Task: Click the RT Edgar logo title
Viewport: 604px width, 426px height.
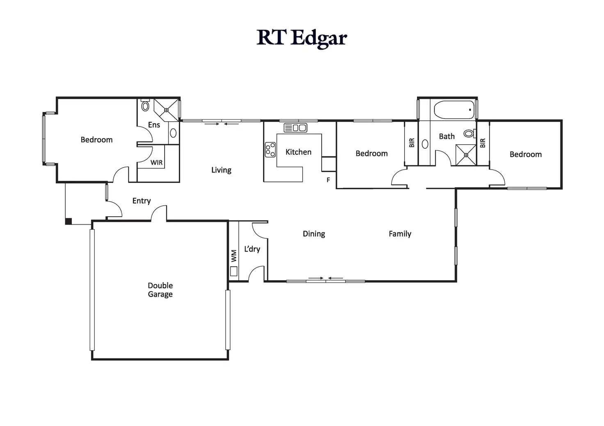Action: coord(302,38)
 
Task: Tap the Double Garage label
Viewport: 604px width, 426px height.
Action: coord(160,290)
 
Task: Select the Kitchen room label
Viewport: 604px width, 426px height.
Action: coord(298,152)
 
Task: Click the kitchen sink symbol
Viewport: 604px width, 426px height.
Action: coord(295,128)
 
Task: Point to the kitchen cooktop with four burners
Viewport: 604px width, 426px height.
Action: coord(270,150)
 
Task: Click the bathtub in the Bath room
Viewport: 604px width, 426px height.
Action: coord(454,110)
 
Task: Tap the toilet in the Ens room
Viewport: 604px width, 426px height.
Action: coord(145,106)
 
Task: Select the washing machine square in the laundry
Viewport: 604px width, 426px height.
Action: coord(234,271)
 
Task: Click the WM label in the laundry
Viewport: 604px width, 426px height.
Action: coord(234,256)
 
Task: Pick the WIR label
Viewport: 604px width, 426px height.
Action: coord(156,163)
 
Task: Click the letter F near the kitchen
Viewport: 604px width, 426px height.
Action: coord(328,180)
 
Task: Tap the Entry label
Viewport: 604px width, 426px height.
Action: coord(142,201)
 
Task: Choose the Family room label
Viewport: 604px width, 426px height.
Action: coord(400,234)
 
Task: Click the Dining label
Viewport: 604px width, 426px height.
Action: coord(314,234)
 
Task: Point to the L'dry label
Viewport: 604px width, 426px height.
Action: coord(252,249)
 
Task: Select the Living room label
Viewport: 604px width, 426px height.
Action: coord(221,170)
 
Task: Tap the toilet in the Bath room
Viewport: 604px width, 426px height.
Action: coord(469,134)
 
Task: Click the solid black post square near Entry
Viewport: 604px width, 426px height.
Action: coord(69,222)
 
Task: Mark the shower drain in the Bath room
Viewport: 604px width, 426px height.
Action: coord(466,155)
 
